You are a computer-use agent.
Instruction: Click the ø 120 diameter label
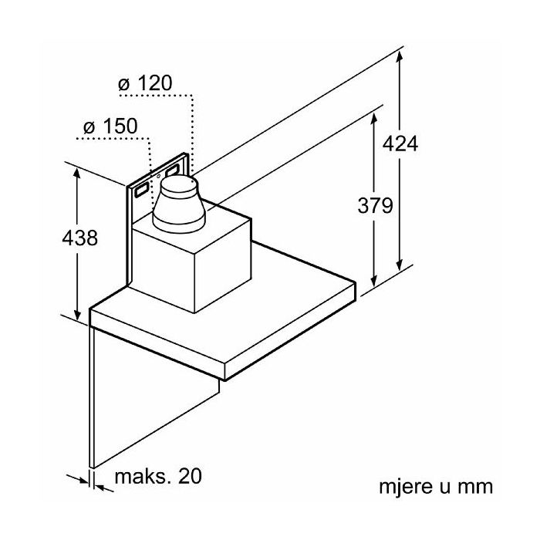(x=145, y=83)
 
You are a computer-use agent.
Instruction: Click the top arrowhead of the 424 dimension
(x=401, y=53)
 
